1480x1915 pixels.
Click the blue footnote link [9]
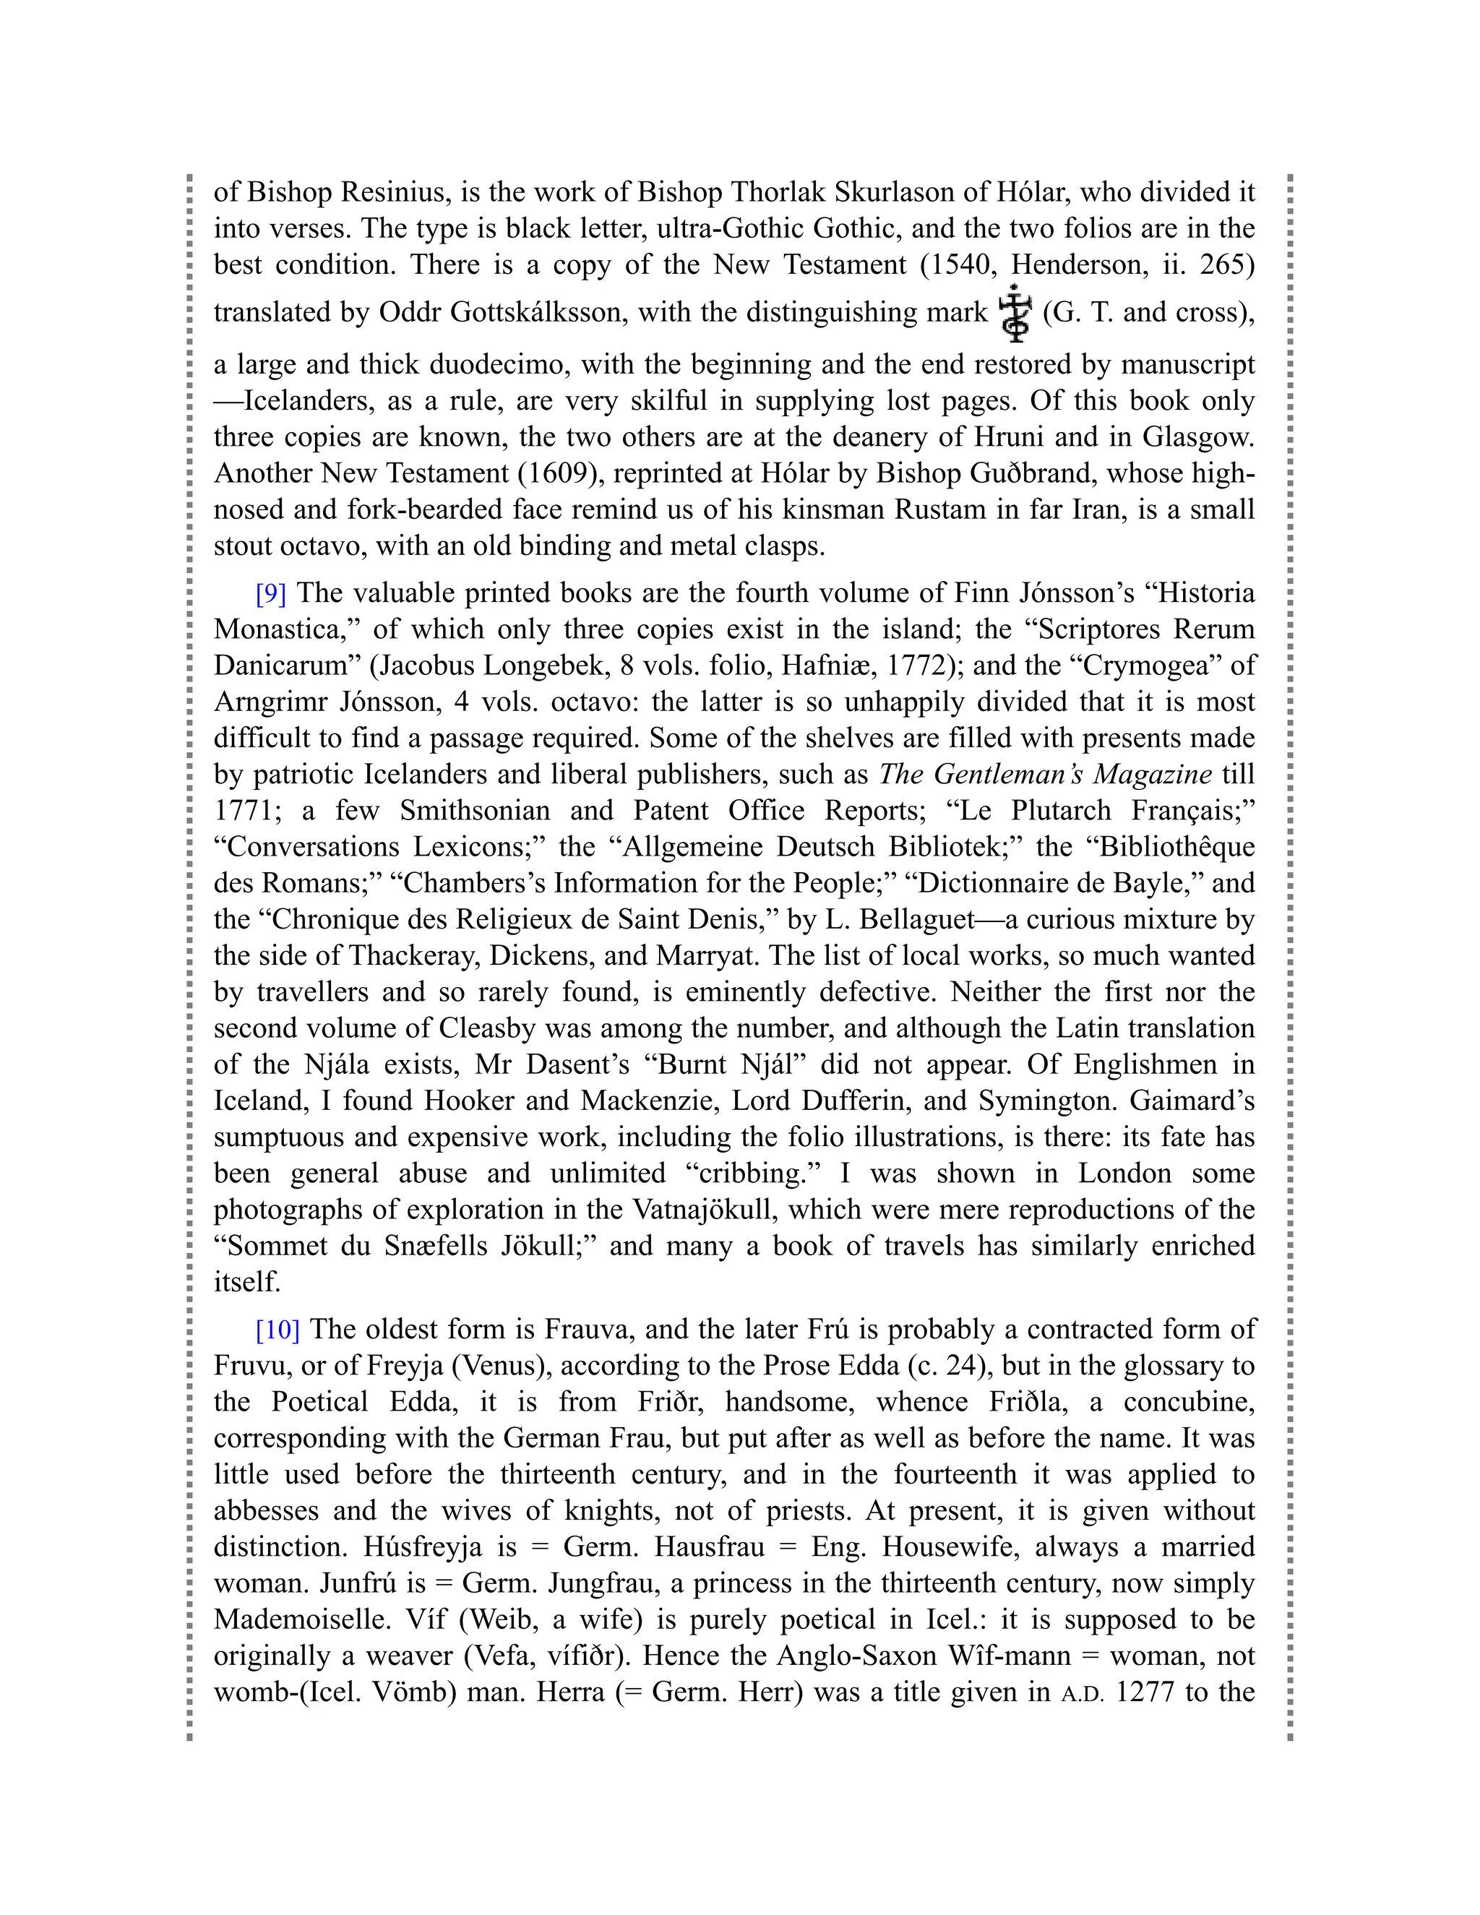click(271, 593)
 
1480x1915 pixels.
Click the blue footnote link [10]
click(277, 1330)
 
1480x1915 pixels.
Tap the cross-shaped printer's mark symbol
click(1015, 313)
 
